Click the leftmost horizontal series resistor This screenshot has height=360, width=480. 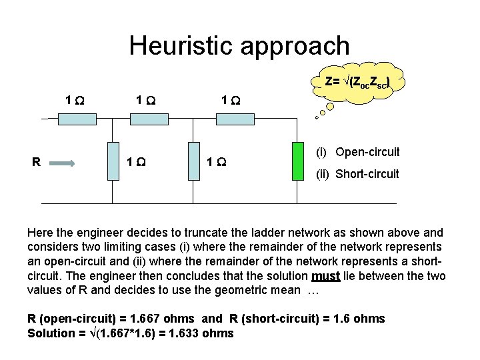tap(77, 119)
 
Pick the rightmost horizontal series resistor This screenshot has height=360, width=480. tap(234, 119)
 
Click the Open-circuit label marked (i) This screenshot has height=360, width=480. tap(367, 152)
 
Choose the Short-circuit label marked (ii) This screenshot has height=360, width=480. tap(367, 174)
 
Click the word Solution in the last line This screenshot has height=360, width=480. tap(51, 333)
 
